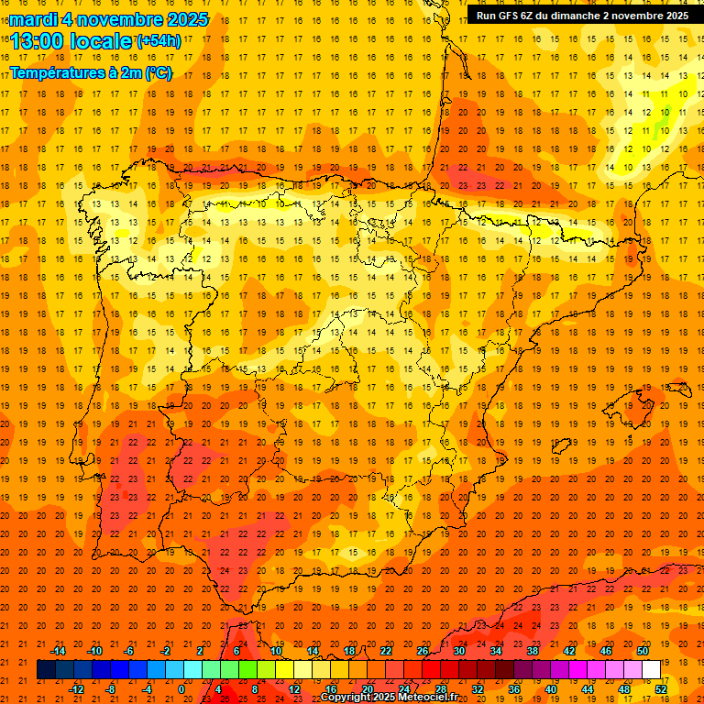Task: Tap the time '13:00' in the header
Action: [x=37, y=40]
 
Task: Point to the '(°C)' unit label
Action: [x=158, y=73]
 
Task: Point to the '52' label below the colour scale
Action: [x=662, y=689]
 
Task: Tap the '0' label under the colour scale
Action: [x=181, y=689]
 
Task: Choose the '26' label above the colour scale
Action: [x=423, y=650]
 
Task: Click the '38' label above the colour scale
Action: [x=533, y=650]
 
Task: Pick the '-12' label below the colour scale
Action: [x=76, y=689]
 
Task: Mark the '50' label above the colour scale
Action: [x=643, y=650]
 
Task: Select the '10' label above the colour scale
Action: [x=276, y=650]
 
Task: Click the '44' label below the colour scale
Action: [x=588, y=689]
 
